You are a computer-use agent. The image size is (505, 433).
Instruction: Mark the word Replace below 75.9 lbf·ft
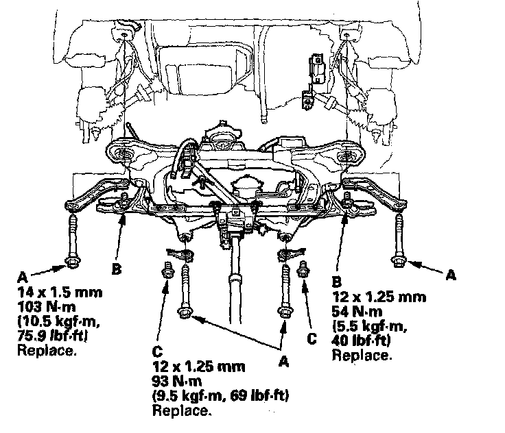[x=46, y=351]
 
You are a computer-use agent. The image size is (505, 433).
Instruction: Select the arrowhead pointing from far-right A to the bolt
[x=411, y=260]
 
